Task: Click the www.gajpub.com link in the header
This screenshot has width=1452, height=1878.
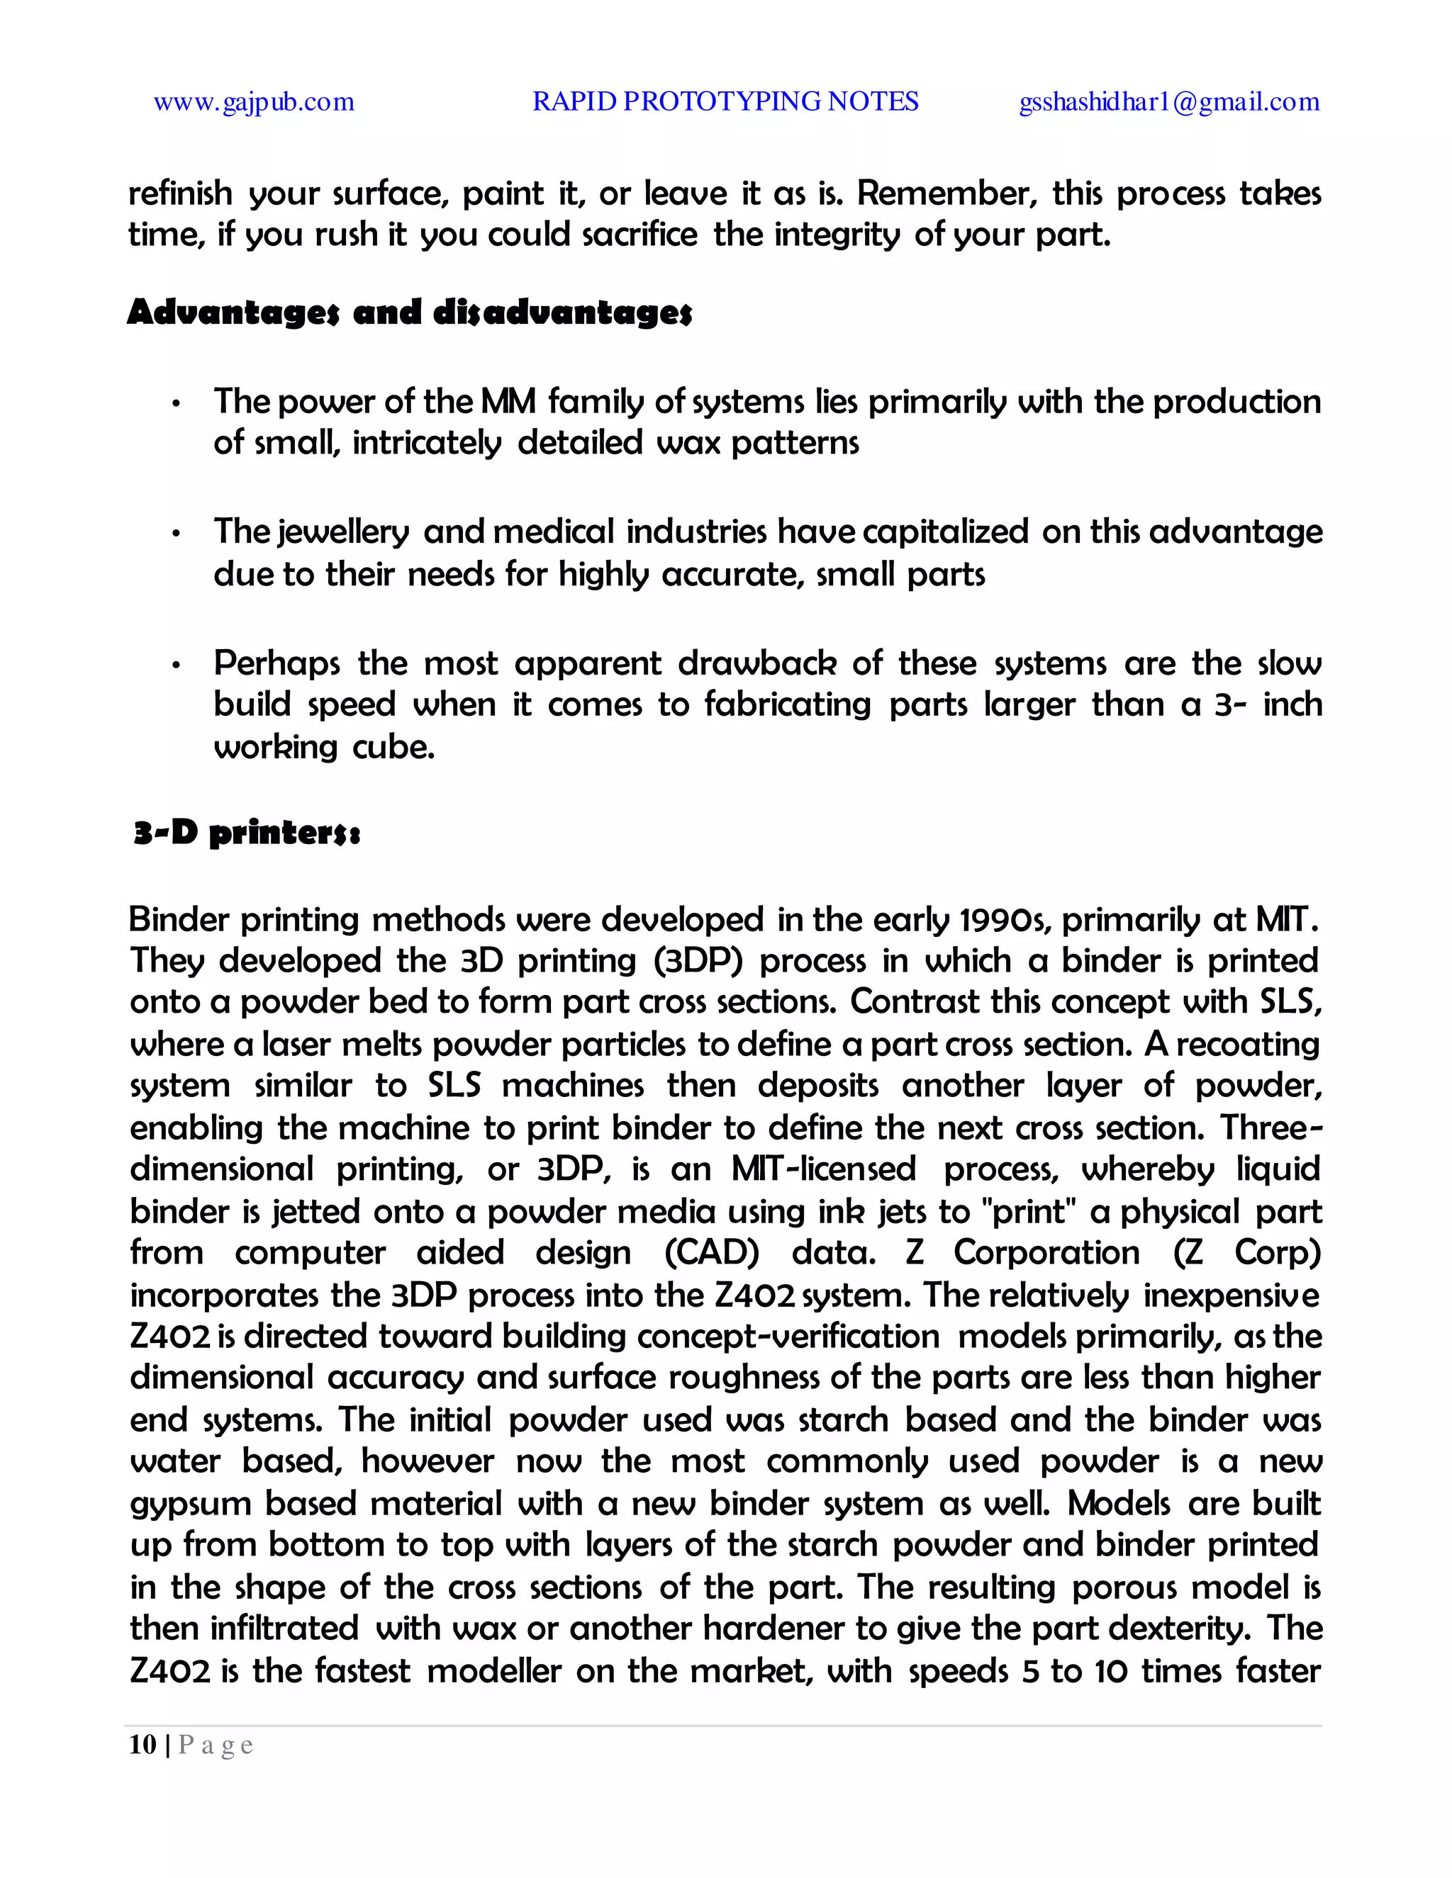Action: pos(254,102)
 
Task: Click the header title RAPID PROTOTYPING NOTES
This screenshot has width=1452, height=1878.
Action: pos(725,101)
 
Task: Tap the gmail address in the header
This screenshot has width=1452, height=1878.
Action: pos(1169,102)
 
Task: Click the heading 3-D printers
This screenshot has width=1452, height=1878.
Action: pos(247,833)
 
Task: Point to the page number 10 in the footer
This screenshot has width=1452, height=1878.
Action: pos(143,1745)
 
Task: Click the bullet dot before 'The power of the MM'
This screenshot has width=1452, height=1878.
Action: pos(176,404)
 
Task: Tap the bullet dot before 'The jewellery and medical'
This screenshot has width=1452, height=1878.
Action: pos(176,535)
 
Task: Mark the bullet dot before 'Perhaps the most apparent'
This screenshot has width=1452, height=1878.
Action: pos(176,666)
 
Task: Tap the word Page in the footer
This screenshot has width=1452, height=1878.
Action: pos(216,1745)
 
